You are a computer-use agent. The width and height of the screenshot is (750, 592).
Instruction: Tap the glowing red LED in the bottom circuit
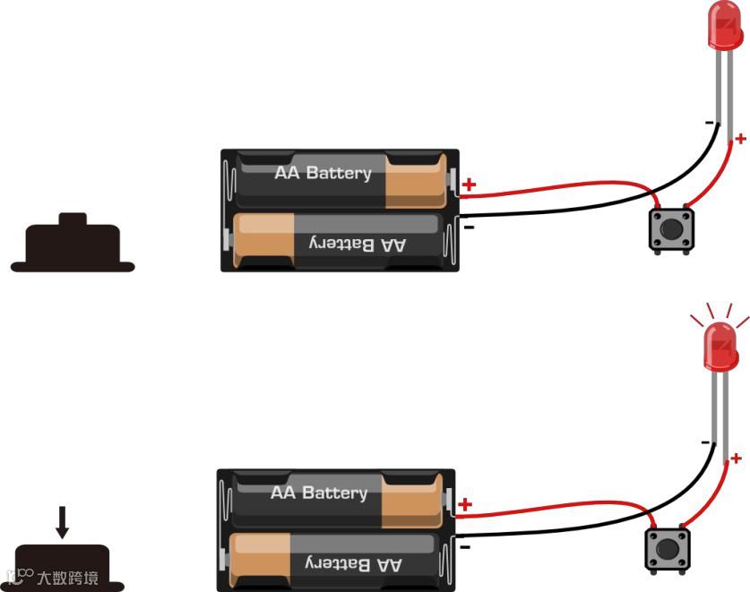click(x=720, y=347)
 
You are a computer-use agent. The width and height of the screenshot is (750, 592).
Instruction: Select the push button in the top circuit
click(x=670, y=229)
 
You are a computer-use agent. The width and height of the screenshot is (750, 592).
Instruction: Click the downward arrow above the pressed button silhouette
click(x=62, y=522)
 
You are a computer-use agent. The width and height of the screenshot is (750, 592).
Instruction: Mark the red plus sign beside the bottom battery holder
click(x=465, y=505)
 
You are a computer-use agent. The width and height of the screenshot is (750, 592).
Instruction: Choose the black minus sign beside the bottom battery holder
click(x=465, y=545)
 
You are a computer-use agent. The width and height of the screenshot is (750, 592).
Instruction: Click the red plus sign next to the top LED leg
click(x=740, y=138)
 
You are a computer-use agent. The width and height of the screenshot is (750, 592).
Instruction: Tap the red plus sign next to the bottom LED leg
click(x=737, y=459)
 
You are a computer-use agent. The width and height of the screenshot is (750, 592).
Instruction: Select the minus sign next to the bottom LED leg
click(x=705, y=442)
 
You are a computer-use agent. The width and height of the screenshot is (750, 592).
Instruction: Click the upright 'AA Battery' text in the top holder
click(x=323, y=173)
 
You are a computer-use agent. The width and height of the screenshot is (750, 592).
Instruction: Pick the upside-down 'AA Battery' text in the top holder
click(x=357, y=243)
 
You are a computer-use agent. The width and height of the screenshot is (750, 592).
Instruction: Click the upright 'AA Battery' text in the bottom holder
click(x=319, y=493)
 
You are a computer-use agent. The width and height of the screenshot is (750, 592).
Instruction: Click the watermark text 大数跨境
click(x=67, y=578)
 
